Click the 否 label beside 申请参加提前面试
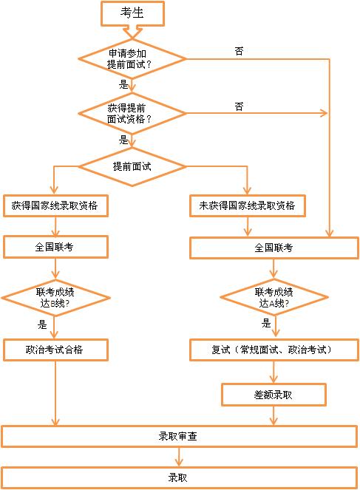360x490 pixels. (239, 51)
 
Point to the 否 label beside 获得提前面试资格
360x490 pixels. (239, 106)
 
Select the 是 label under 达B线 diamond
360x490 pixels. (42, 324)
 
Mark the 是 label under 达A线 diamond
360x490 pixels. (266, 323)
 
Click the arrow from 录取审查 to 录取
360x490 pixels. (179, 457)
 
